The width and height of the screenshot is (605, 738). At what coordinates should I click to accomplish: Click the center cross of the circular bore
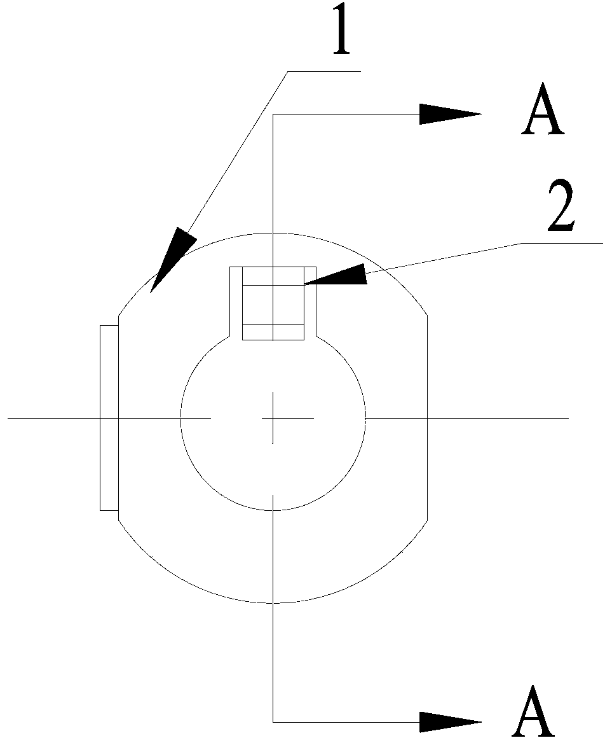[273, 418]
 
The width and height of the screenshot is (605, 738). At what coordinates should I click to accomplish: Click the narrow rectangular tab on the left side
[109, 417]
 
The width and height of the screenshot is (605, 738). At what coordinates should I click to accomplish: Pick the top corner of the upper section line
[273, 115]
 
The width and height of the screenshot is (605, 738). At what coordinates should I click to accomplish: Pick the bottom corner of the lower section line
[273, 721]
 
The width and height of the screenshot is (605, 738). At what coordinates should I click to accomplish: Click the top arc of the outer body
[273, 233]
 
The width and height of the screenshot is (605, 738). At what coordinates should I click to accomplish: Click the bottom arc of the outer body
[273, 602]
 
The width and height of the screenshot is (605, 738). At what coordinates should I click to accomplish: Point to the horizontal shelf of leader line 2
[562, 243]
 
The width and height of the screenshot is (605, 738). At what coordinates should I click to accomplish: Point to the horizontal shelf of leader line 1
[324, 71]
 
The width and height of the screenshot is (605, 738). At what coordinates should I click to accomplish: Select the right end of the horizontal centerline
[567, 418]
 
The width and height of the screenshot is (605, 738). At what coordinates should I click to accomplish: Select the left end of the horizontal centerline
[9, 418]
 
